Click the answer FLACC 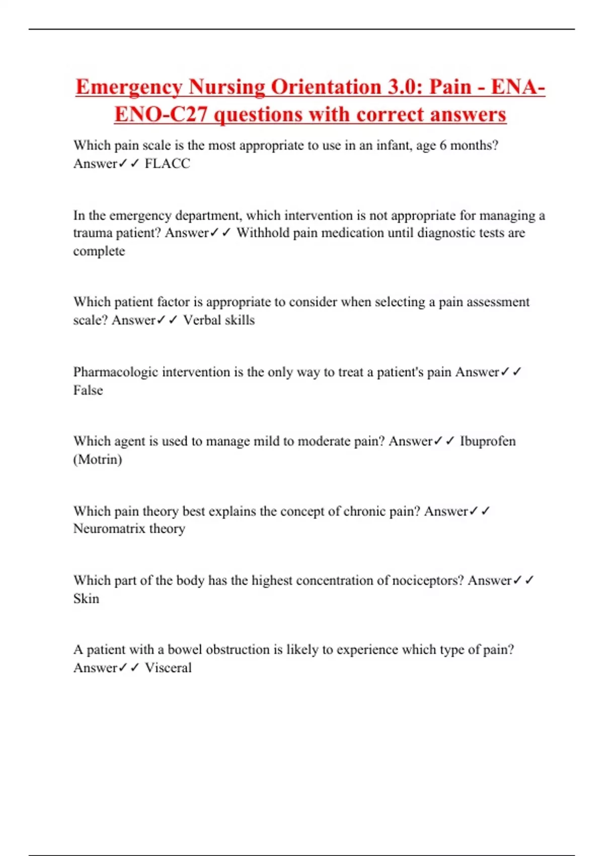pyautogui.click(x=167, y=164)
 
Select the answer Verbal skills pyautogui.click(x=219, y=320)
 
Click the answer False pyautogui.click(x=88, y=390)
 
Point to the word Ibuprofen pyautogui.click(x=488, y=441)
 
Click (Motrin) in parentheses pyautogui.click(x=98, y=459)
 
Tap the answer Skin pyautogui.click(x=86, y=599)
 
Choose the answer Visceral pyautogui.click(x=168, y=668)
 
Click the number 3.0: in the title pyautogui.click(x=403, y=87)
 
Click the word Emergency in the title pyautogui.click(x=128, y=87)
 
